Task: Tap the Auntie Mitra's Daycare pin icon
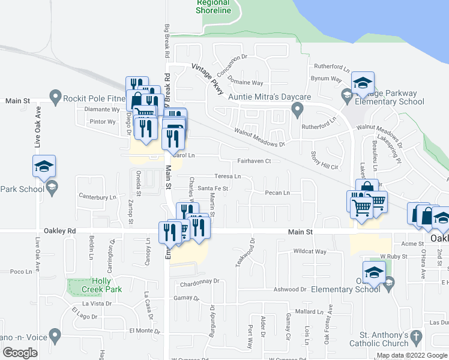[297, 109]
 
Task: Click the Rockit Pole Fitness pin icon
[55, 96]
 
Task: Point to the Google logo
[20, 353]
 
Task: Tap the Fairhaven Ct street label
[255, 161]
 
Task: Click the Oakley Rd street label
[59, 230]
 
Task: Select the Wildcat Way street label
[309, 251]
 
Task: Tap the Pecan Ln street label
[278, 193]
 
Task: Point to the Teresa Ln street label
[228, 176]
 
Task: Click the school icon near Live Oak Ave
[44, 166]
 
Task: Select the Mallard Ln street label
[309, 311]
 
